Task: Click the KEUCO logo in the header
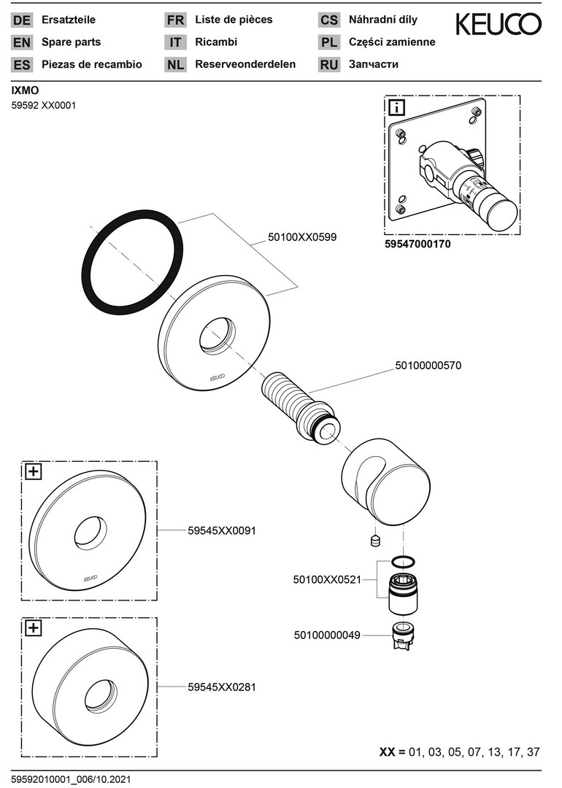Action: click(x=499, y=25)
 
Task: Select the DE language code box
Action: click(x=22, y=20)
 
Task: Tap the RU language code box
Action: click(x=329, y=64)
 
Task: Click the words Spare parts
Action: click(x=72, y=42)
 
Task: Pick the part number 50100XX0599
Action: click(x=302, y=237)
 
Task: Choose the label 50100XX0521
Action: click(x=327, y=579)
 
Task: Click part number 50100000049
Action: click(x=327, y=635)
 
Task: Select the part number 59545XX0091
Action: click(x=222, y=530)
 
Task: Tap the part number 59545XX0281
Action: click(x=222, y=687)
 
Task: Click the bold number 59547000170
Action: click(x=417, y=245)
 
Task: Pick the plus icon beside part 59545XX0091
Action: click(x=34, y=471)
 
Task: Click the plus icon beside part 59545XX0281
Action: click(x=34, y=627)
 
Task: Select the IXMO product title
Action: click(x=25, y=90)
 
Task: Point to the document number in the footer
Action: click(x=72, y=779)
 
